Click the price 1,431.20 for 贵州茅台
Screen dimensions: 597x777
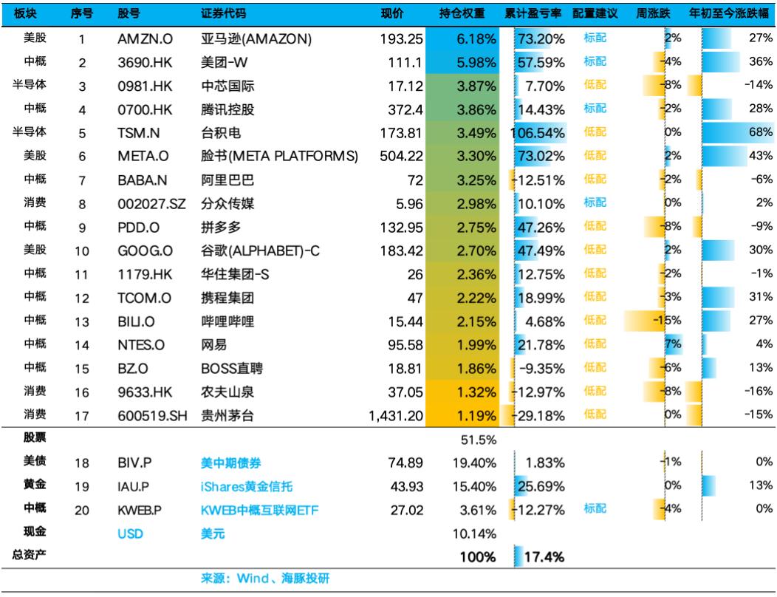(x=396, y=416)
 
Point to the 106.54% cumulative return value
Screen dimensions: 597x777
(x=538, y=134)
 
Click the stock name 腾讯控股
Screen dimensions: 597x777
(x=227, y=110)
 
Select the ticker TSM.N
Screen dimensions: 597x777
(x=139, y=134)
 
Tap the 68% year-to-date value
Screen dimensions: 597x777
(x=761, y=134)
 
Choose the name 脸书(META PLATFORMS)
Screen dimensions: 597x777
(x=279, y=157)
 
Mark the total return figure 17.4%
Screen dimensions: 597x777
(x=545, y=556)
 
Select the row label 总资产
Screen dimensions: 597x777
(x=30, y=555)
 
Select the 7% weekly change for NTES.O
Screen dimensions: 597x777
(x=672, y=346)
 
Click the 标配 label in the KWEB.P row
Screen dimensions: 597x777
(x=595, y=509)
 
